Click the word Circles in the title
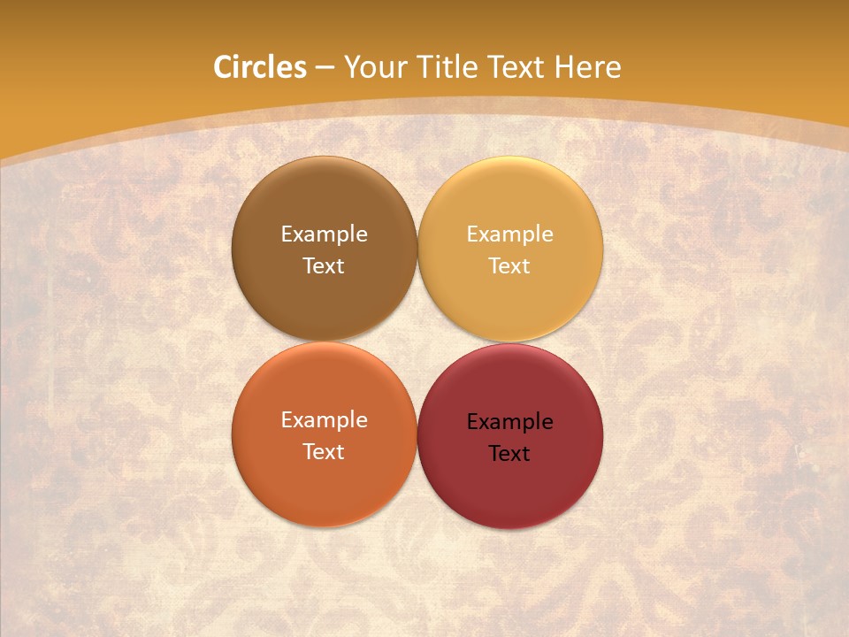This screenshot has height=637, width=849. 260,67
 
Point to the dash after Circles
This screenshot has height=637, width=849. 325,68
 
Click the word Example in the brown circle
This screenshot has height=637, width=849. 324,234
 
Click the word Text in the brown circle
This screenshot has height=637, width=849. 324,265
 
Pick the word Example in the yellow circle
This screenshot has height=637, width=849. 509,234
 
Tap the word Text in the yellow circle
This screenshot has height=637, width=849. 509,265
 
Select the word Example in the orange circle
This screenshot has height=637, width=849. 324,420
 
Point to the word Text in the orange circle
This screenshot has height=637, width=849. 324,451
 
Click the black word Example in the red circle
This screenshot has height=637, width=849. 509,422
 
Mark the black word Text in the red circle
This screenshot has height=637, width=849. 509,453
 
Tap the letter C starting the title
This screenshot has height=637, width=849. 222,67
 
